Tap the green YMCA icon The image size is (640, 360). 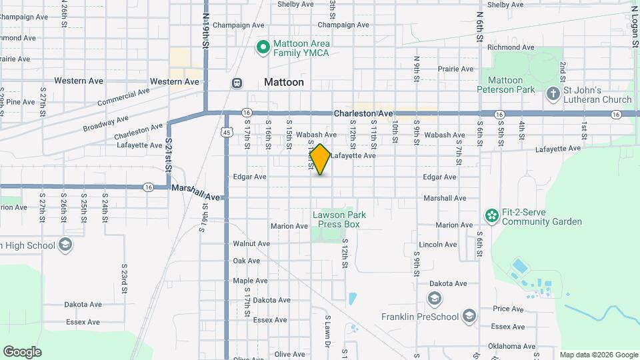pyautogui.click(x=263, y=47)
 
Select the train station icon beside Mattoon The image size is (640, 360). pyautogui.click(x=236, y=83)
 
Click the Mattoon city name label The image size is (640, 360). pyautogui.click(x=283, y=83)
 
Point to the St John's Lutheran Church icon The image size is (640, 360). pyautogui.click(x=553, y=94)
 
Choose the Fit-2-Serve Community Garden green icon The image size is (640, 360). pyautogui.click(x=492, y=216)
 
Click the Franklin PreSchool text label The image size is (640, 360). pyautogui.click(x=419, y=317)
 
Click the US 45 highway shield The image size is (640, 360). pyautogui.click(x=227, y=133)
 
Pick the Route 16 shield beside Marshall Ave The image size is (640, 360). pyautogui.click(x=149, y=188)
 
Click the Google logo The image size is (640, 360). pyautogui.click(x=22, y=352)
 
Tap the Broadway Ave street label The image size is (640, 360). pyautogui.click(x=105, y=123)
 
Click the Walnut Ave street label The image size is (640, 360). pyautogui.click(x=251, y=244)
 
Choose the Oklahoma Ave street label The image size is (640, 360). pyautogui.click(x=512, y=346)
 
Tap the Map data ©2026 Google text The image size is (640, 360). pyautogui.click(x=598, y=355)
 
